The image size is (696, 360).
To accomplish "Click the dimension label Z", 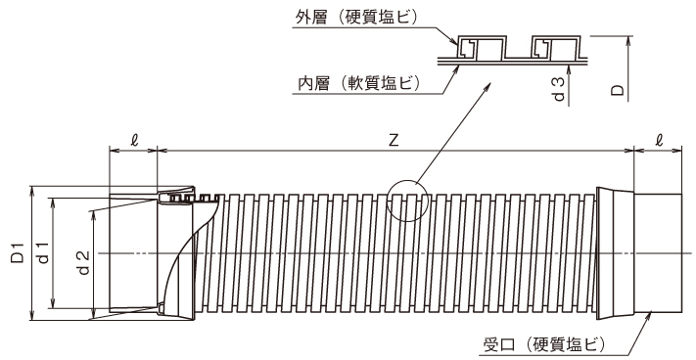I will point(393,140).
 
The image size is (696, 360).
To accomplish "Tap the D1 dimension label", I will point(17,252).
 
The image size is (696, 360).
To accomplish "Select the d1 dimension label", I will point(42,252).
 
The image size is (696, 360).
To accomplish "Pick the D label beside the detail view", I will point(617,89).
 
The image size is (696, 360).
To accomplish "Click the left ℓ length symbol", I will point(133,140).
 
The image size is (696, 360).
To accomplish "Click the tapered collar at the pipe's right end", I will point(616,251).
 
